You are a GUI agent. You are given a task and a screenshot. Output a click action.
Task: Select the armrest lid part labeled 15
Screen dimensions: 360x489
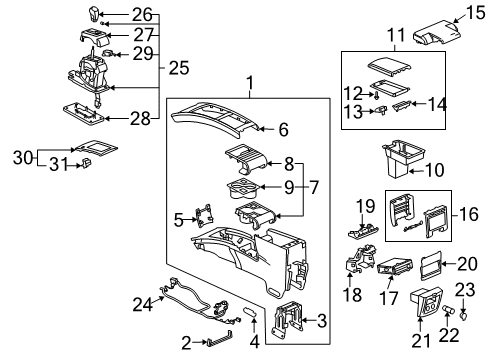coord(436,31)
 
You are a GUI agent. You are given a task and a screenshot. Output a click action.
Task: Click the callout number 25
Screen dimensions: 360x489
coord(179,67)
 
